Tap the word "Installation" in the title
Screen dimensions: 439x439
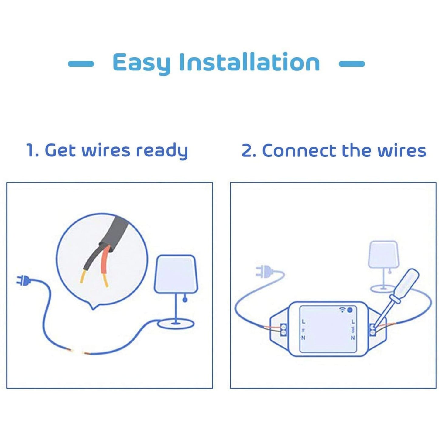(x=249, y=62)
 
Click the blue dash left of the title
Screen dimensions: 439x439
(x=81, y=64)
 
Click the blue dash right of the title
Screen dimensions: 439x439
(x=352, y=64)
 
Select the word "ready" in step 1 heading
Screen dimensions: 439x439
(x=162, y=151)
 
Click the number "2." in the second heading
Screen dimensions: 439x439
(x=249, y=151)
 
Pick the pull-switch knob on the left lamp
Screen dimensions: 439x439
(x=185, y=300)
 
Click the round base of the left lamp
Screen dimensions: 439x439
(x=176, y=324)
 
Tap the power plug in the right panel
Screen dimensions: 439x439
(x=263, y=271)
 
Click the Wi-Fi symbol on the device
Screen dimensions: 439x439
(x=342, y=310)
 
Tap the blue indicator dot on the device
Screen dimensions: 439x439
(x=350, y=310)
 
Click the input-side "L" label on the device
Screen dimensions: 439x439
(x=303, y=322)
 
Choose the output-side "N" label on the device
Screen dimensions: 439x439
(x=353, y=338)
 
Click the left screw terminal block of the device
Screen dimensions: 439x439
(x=283, y=330)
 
